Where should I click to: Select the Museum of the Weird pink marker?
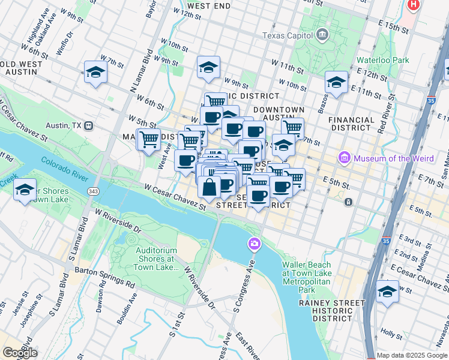[x=345, y=158]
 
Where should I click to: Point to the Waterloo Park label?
[x=382, y=60]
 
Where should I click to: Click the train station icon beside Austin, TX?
[x=88, y=126]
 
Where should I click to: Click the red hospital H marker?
[x=413, y=5]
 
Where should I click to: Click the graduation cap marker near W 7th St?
[x=95, y=73]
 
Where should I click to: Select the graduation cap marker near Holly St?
[x=387, y=292]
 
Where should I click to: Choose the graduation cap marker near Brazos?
[x=336, y=82]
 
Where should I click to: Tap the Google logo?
[x=20, y=353]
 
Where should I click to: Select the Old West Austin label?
[x=22, y=68]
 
